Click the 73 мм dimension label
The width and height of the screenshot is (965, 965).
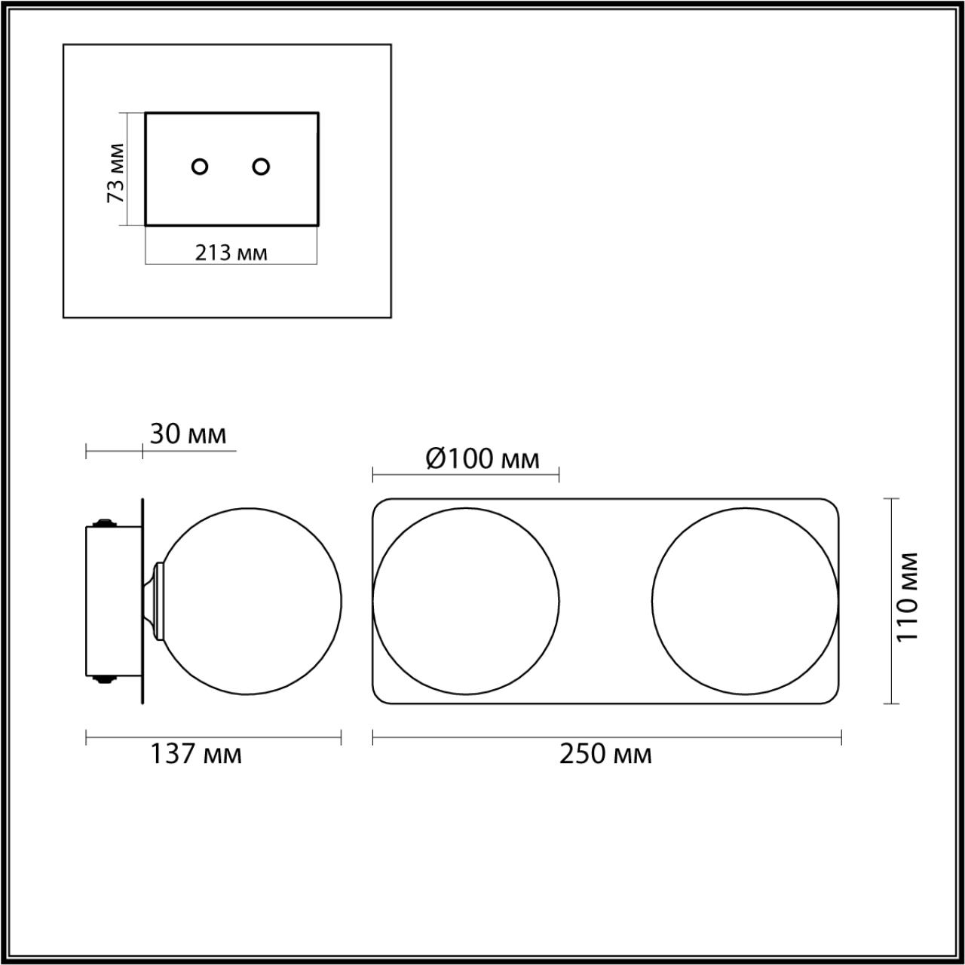pos(115,173)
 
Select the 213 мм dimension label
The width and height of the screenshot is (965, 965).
pos(231,253)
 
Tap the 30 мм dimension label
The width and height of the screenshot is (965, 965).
pos(188,434)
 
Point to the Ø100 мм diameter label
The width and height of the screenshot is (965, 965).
pos(482,458)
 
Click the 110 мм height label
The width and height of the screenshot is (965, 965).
pos(907,603)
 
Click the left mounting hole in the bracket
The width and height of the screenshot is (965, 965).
pos(200,167)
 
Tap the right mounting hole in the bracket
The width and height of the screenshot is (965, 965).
pos(261,167)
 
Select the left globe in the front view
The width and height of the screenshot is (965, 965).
pos(373,601)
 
